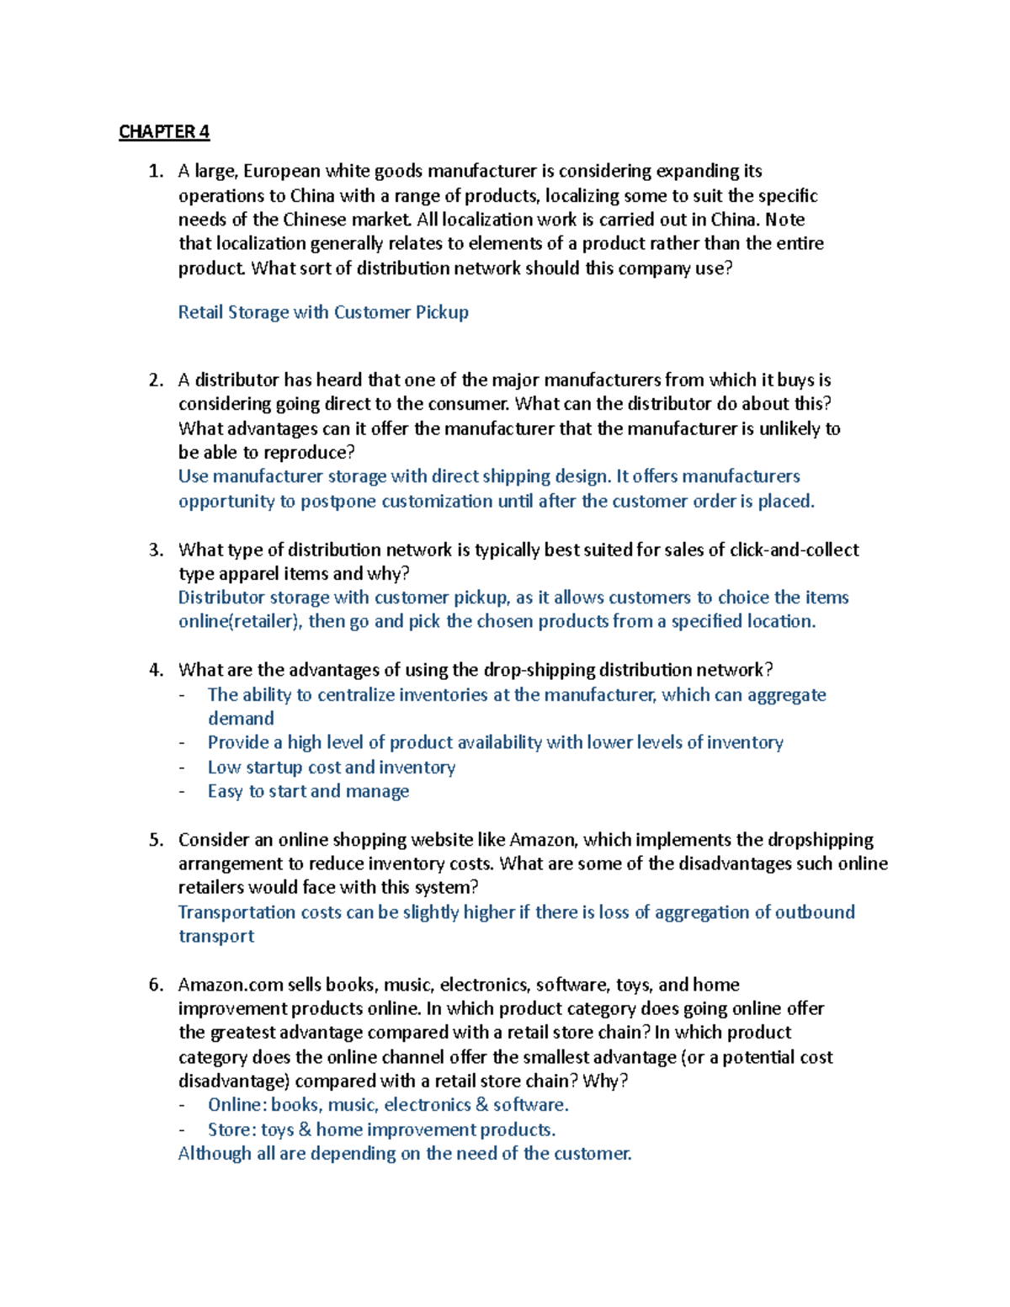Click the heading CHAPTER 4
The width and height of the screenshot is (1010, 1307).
(x=164, y=132)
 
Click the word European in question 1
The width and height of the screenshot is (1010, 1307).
(x=282, y=172)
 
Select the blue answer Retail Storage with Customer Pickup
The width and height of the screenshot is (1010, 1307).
(x=323, y=312)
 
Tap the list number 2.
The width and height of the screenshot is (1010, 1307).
(x=155, y=380)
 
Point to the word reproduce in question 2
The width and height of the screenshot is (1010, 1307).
(x=309, y=453)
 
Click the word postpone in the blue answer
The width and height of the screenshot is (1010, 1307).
(x=338, y=502)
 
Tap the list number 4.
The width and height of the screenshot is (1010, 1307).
(x=155, y=671)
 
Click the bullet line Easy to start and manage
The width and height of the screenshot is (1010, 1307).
(x=308, y=792)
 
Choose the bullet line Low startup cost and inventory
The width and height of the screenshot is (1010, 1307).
(x=332, y=768)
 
